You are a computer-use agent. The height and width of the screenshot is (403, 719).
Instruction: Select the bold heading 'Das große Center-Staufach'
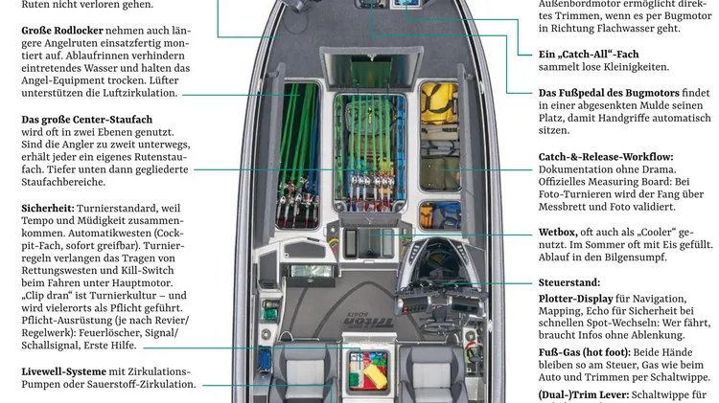86,119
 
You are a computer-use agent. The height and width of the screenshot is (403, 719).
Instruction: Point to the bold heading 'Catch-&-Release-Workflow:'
605,155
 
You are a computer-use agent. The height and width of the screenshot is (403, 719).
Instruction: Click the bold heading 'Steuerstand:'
569,282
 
